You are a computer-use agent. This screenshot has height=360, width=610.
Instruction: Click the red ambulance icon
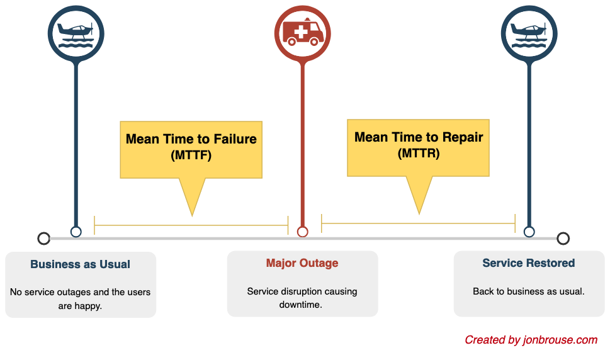click(x=303, y=32)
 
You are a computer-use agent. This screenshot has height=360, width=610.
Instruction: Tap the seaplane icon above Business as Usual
click(x=76, y=36)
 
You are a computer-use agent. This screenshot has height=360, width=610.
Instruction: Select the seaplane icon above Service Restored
click(x=529, y=36)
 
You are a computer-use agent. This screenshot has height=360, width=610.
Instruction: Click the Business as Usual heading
click(x=80, y=264)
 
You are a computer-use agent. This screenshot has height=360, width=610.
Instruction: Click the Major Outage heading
click(x=302, y=263)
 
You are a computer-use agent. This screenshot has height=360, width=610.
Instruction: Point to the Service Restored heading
click(x=529, y=263)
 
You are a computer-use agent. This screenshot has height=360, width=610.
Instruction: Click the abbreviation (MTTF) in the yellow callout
click(x=191, y=155)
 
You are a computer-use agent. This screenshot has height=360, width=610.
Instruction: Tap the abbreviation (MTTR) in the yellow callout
click(x=419, y=153)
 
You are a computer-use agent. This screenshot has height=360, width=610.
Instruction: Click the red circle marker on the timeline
click(x=303, y=232)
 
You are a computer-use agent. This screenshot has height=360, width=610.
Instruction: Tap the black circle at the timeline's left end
click(x=44, y=239)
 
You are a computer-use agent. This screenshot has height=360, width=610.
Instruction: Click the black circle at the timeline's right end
click(x=563, y=239)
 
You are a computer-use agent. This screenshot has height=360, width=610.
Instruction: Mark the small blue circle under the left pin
click(x=76, y=232)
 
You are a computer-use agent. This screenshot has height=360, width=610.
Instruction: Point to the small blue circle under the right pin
click(x=529, y=232)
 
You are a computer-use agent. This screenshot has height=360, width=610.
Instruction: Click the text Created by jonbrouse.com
click(x=531, y=340)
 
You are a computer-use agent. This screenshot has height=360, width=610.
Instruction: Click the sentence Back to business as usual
click(x=529, y=291)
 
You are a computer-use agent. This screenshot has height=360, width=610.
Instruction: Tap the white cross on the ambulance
click(x=301, y=32)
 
